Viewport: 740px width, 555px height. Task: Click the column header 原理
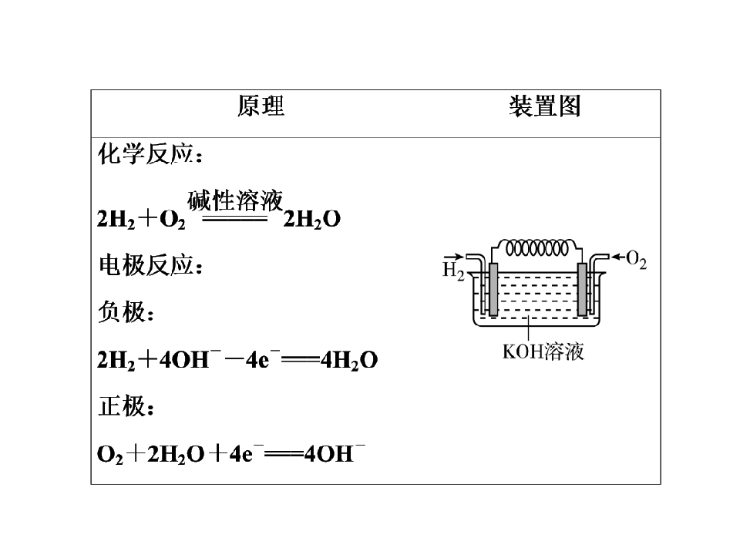pos(261,106)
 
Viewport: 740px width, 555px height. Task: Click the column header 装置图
pos(545,106)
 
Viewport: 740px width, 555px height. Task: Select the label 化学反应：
pos(150,154)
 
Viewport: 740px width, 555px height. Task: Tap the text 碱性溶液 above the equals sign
pos(235,200)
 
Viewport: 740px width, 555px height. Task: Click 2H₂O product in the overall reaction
pos(311,219)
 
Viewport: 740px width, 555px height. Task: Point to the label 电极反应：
pos(150,265)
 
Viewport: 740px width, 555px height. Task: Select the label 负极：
pos(126,312)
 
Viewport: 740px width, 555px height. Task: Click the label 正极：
pos(126,406)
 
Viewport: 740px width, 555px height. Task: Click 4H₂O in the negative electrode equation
pos(348,360)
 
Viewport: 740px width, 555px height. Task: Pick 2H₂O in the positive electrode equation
pos(176,455)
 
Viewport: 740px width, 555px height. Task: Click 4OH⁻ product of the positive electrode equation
pos(334,453)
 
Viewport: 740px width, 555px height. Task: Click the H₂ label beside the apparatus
pos(453,271)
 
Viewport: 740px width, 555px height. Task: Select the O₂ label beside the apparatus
pos(636,260)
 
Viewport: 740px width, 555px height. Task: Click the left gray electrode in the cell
pos(493,289)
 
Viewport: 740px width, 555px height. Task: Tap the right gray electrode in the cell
pos(582,289)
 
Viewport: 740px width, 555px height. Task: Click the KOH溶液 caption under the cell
pos(543,351)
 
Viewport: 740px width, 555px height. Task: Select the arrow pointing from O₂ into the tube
pos(618,257)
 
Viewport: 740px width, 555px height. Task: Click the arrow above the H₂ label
pos(453,257)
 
